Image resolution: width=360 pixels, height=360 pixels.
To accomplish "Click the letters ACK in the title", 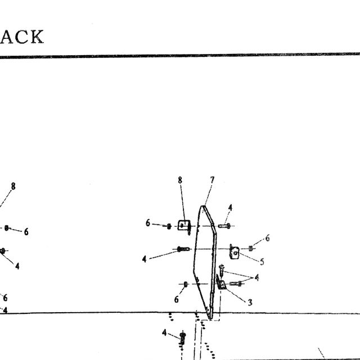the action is point(22,37).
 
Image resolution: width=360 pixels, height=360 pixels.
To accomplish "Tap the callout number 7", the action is point(212,180).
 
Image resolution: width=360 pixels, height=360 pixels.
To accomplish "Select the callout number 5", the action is point(262,262).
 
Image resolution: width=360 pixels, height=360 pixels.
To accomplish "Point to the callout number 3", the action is point(250,303).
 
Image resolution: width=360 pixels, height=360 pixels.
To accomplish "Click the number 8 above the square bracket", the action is point(180,180).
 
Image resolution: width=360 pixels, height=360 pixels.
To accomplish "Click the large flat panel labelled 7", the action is point(205,262).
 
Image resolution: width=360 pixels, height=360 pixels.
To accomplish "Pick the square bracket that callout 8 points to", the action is point(184,226).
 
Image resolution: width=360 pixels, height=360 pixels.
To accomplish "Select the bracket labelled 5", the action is point(234,252).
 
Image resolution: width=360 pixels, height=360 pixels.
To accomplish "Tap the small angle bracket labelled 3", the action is point(220,282).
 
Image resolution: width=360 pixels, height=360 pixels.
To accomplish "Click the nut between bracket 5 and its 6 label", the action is point(250,249).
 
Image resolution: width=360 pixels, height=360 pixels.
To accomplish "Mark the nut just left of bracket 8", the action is point(169,226).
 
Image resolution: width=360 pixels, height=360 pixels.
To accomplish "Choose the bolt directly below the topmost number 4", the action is point(224,226).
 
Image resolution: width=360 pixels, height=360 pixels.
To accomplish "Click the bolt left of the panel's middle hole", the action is point(183,249).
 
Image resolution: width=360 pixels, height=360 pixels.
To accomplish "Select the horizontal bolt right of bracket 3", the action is point(236,283).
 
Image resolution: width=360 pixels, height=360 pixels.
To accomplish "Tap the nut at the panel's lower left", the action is point(186,284).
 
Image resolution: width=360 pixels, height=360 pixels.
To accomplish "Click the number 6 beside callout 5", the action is point(267,238).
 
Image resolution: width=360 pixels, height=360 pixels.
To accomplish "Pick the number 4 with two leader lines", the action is point(256,277).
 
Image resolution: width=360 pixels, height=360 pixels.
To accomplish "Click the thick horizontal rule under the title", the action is point(180,55).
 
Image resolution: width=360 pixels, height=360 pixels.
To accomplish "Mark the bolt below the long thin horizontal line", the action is point(182,338).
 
